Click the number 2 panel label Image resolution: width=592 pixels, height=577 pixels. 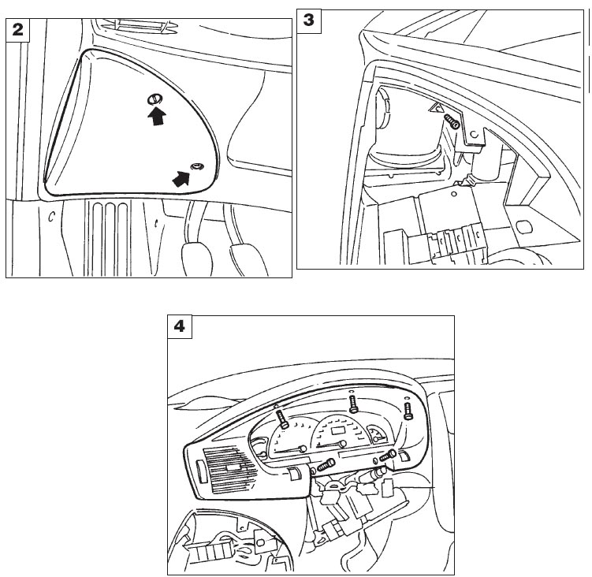(18, 29)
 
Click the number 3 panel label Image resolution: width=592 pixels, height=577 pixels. (308, 20)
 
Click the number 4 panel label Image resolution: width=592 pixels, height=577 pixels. (180, 326)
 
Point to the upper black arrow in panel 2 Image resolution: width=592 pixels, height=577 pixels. (156, 116)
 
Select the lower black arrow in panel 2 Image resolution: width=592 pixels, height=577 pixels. (181, 178)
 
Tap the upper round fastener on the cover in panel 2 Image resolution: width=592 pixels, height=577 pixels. (155, 99)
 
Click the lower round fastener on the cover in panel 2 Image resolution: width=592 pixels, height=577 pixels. (197, 166)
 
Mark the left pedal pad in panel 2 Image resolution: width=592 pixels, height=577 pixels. (197, 260)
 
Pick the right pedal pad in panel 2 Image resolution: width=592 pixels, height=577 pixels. (248, 261)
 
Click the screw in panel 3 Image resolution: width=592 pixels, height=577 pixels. (451, 121)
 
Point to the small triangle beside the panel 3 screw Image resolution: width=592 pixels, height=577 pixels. (437, 108)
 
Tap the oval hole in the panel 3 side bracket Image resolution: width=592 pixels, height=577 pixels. (523, 227)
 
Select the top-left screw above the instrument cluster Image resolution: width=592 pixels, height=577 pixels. (282, 419)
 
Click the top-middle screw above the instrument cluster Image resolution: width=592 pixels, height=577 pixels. (353, 404)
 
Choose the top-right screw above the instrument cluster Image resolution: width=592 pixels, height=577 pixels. (408, 411)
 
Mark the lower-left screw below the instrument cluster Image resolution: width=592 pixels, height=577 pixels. (326, 464)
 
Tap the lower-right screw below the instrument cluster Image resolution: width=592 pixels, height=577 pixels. (388, 456)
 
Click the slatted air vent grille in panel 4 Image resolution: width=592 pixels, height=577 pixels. (228, 469)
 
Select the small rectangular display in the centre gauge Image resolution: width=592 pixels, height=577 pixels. (337, 430)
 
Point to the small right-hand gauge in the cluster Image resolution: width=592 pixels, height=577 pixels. (378, 434)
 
